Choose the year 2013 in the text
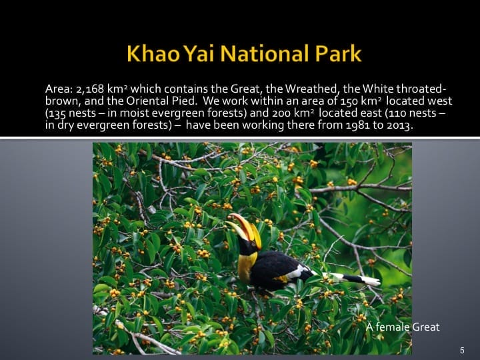(x=399, y=125)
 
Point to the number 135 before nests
(x=57, y=113)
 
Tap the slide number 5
(x=462, y=350)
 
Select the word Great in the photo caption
(x=427, y=327)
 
